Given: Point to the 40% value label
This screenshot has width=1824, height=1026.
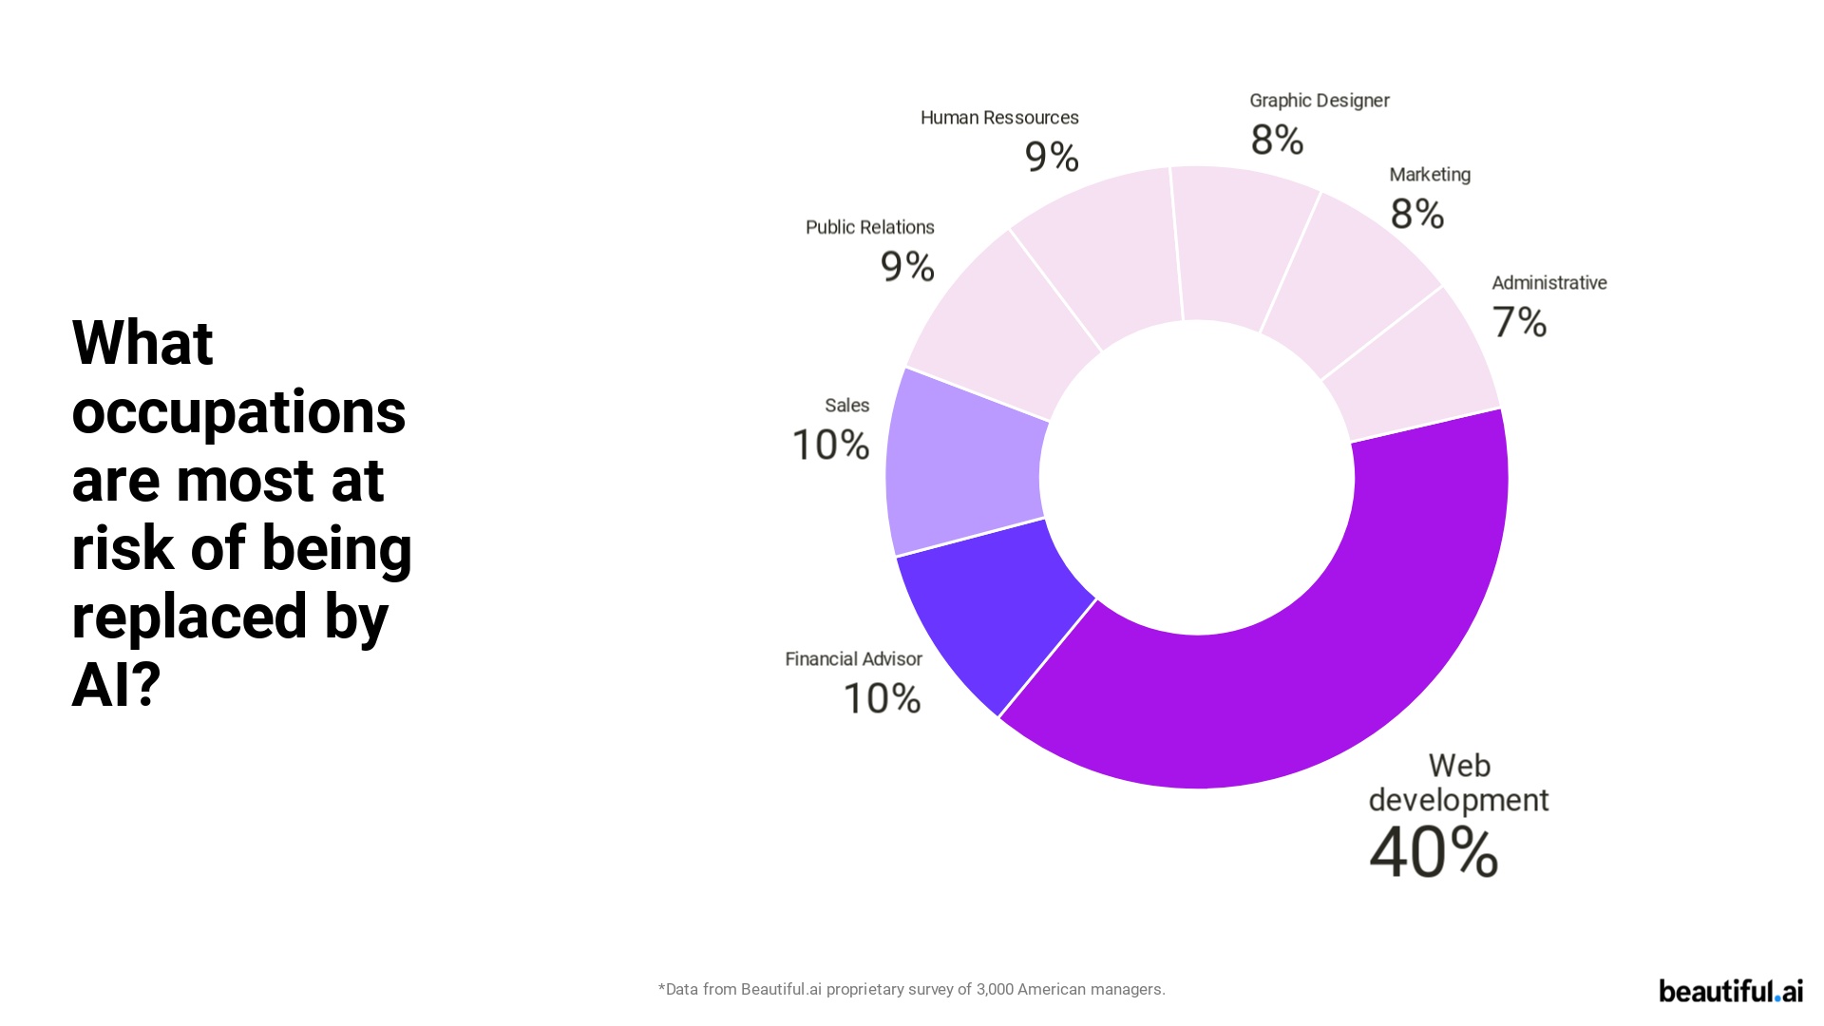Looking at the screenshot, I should coord(1433,852).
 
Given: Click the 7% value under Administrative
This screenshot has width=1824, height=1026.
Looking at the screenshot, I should coord(1519,322).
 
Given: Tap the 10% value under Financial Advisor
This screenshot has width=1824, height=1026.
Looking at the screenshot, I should coord(882,699).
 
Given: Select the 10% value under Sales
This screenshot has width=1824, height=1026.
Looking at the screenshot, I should coord(830,445).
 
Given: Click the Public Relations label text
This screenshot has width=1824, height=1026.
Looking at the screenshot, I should coord(869,227).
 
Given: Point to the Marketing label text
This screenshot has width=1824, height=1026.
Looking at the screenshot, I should coord(1429,175).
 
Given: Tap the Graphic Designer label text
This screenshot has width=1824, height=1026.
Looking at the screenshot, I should coord(1319,101).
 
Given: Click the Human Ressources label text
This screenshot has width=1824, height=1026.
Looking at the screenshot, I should coord(999,118).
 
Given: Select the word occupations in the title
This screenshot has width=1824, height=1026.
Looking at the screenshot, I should coord(238,413).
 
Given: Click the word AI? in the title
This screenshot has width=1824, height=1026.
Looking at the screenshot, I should coord(116,685).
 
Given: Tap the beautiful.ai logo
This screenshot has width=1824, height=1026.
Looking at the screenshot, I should coord(1730,991).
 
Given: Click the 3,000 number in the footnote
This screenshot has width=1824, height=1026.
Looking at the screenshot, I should coord(995,989).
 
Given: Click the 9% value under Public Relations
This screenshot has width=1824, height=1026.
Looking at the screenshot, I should coord(907,266).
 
